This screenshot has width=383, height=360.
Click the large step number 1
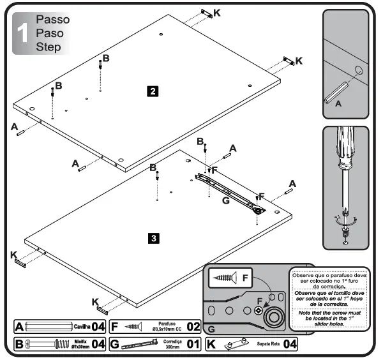click(23, 34)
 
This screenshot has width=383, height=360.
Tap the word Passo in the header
click(52, 20)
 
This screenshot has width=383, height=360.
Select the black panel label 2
click(153, 91)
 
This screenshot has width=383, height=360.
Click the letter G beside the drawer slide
click(225, 200)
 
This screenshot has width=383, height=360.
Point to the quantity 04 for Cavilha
click(98, 327)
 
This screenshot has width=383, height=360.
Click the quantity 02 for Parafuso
click(193, 327)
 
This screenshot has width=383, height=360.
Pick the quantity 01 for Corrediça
click(193, 345)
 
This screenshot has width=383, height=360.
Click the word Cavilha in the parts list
click(81, 327)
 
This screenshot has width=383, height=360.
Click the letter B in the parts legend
click(19, 345)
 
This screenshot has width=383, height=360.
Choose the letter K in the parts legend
click(211, 345)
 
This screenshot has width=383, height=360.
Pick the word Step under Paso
click(49, 47)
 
